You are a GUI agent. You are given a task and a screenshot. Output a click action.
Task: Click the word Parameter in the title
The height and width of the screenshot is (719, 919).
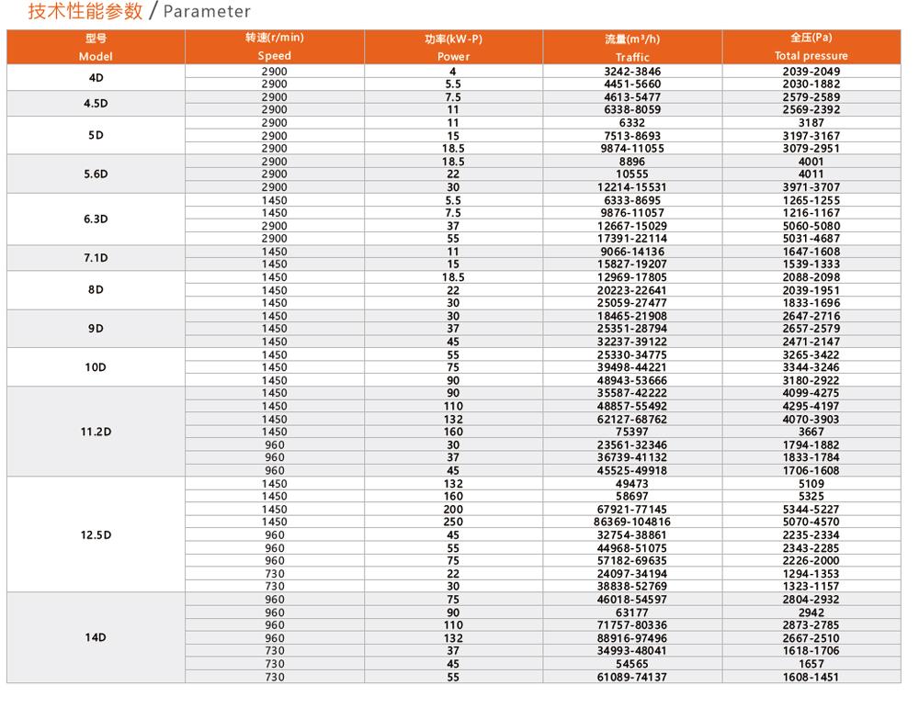207,12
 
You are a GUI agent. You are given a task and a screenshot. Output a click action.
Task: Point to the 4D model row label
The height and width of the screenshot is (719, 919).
96,78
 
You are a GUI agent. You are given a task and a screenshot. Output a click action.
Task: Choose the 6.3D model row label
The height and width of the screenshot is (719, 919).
96,219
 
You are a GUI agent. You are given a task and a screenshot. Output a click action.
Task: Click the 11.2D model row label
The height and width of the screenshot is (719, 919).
96,432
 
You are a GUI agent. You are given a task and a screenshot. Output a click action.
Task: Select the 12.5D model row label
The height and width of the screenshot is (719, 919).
96,534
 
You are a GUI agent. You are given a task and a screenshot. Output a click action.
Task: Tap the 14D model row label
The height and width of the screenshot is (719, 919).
96,637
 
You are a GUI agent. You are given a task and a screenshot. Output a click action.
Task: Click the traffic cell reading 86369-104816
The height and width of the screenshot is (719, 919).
632,522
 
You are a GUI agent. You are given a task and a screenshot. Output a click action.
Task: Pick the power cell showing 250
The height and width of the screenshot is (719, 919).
453,522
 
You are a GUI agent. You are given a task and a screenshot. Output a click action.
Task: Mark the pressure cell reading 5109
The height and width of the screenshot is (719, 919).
811,483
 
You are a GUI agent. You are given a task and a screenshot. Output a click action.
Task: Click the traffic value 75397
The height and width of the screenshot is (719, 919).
632,432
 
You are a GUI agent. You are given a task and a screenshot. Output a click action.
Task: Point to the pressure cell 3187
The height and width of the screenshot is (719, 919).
811,122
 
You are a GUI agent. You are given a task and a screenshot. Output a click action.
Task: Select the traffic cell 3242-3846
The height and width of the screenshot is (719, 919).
632,71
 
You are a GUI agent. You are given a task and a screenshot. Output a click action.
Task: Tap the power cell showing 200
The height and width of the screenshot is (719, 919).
453,509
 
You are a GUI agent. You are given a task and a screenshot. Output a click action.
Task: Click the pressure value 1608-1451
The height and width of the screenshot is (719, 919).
811,677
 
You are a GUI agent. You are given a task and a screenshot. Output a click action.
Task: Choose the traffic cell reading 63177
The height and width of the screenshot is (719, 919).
632,612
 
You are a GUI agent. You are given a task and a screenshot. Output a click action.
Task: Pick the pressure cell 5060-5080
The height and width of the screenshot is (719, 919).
811,226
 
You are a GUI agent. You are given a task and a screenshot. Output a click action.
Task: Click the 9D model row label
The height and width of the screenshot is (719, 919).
96,329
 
